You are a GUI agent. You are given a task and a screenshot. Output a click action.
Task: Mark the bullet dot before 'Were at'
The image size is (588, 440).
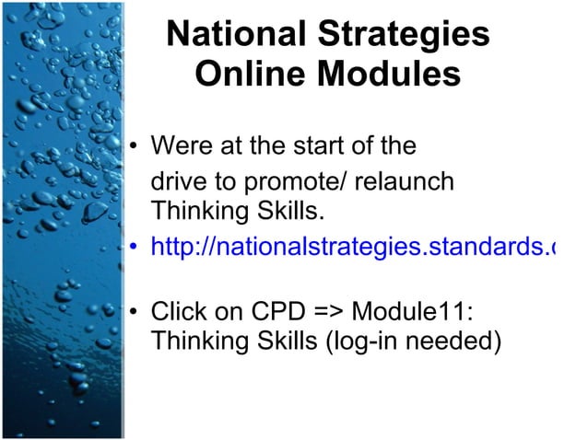pos(135,146)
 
